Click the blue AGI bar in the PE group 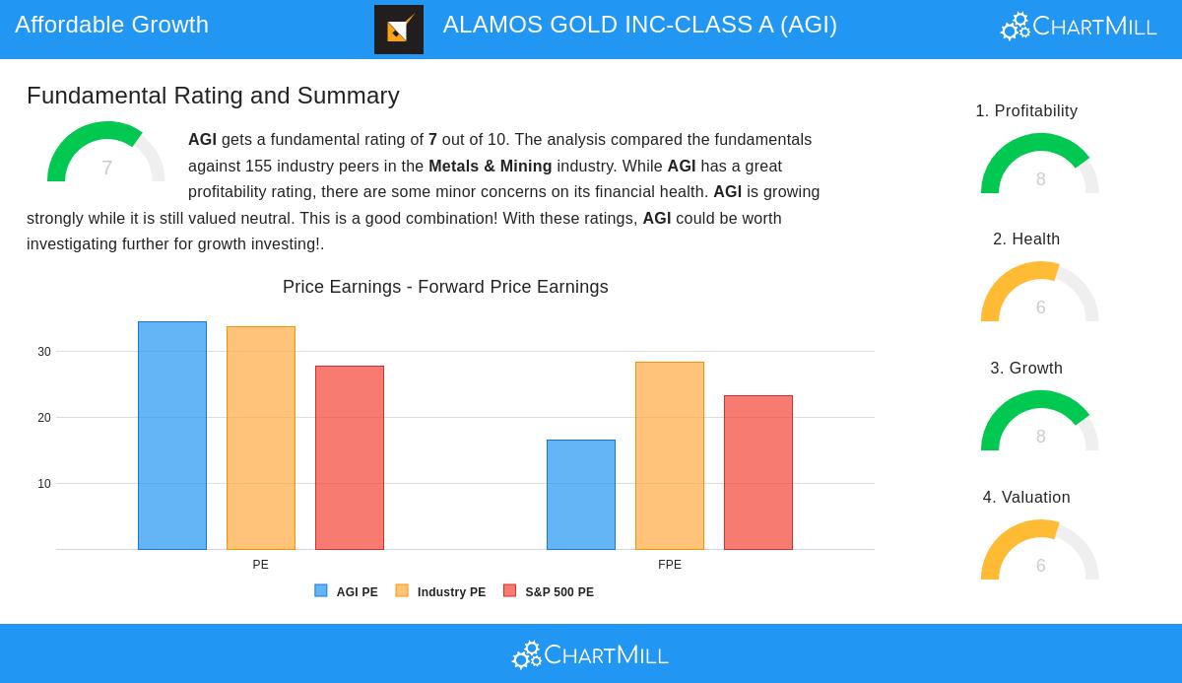[x=172, y=436]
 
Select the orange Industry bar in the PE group [x=261, y=439]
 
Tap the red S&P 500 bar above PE [x=350, y=457]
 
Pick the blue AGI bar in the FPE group [x=581, y=495]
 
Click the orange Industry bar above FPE [x=670, y=455]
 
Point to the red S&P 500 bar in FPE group [x=758, y=472]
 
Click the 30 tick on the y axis [x=44, y=352]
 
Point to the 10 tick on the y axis [x=44, y=484]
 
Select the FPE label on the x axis [x=670, y=565]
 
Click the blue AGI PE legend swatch [x=321, y=590]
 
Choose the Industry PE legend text [x=451, y=591]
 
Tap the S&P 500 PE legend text [x=559, y=591]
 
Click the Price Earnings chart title [x=445, y=287]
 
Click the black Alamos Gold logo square [x=399, y=30]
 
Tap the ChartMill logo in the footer [x=590, y=655]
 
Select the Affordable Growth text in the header [x=112, y=25]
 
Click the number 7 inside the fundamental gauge [x=107, y=168]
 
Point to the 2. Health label [x=1025, y=239]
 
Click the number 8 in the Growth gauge [x=1040, y=437]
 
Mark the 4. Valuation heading [x=1026, y=497]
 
